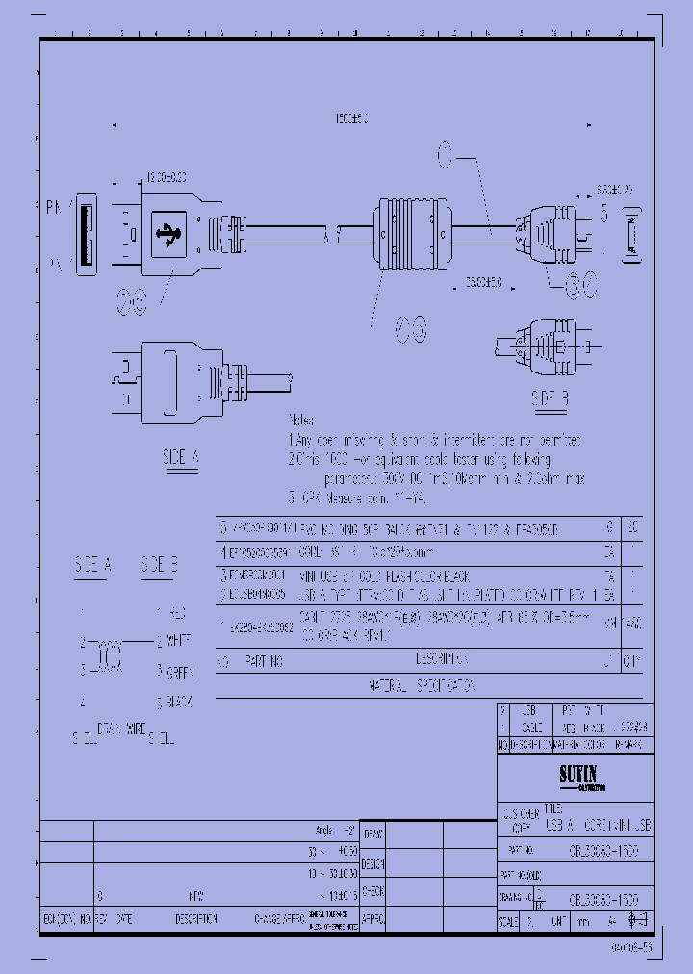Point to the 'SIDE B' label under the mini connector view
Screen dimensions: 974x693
click(x=551, y=397)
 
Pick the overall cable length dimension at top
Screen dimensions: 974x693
click(x=351, y=117)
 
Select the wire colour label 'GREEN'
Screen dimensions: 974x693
click(x=178, y=671)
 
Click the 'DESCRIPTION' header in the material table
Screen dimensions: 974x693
click(x=441, y=661)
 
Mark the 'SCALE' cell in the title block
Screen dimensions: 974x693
click(x=508, y=921)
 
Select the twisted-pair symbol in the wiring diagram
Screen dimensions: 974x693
click(x=107, y=655)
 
